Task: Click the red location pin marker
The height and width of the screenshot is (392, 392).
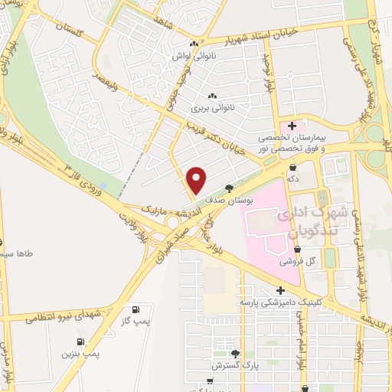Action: click(197, 180)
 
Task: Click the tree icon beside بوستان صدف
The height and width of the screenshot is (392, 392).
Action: click(229, 188)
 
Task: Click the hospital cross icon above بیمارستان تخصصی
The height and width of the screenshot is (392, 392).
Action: click(292, 124)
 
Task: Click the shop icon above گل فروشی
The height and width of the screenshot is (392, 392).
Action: click(297, 249)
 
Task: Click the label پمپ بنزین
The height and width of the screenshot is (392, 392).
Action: click(83, 354)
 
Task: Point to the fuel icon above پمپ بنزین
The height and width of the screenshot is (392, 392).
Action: click(80, 342)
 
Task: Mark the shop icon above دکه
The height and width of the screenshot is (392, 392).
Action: click(293, 166)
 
